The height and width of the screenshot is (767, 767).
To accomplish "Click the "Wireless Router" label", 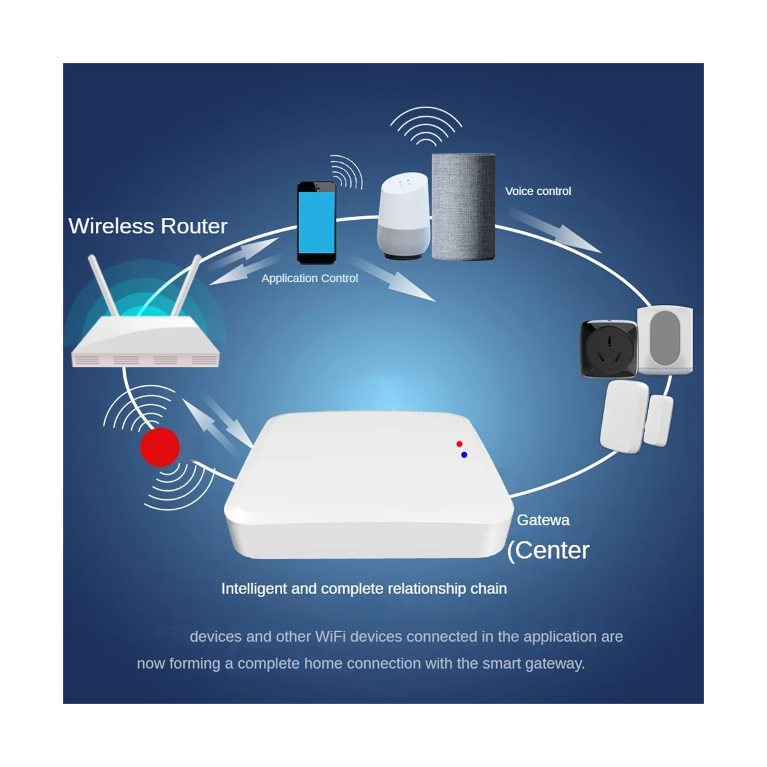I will click(x=148, y=226).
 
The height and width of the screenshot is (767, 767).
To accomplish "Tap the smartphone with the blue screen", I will click(x=316, y=222).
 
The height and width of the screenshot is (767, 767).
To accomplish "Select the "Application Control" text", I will click(x=309, y=278).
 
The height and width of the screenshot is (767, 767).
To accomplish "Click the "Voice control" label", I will click(x=538, y=191).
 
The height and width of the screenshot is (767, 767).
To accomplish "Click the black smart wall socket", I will click(x=608, y=348).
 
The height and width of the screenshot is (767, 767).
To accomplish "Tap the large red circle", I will click(x=160, y=447).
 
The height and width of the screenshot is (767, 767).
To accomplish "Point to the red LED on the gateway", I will click(x=459, y=444).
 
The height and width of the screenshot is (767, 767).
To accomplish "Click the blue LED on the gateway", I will click(x=463, y=454).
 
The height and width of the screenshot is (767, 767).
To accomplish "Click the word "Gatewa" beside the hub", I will click(x=543, y=520).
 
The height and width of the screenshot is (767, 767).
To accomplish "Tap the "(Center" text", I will click(x=548, y=550).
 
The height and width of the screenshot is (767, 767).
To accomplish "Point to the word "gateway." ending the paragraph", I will click(x=555, y=663).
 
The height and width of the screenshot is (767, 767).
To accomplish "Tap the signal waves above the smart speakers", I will click(x=426, y=127).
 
